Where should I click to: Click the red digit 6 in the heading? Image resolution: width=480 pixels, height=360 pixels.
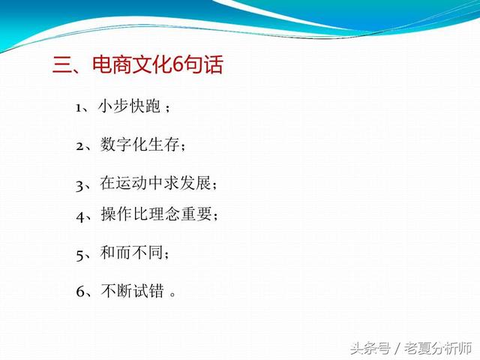click(x=178, y=64)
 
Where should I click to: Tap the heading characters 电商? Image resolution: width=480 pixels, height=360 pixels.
click(x=112, y=64)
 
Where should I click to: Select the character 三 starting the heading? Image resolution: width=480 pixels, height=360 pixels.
click(x=62, y=64)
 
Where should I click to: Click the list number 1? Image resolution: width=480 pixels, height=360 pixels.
click(x=79, y=108)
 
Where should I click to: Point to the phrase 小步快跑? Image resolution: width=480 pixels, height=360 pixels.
click(x=129, y=106)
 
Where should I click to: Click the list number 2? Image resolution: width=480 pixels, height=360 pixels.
click(x=80, y=146)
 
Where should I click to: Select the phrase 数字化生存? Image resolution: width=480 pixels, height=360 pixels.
click(x=139, y=144)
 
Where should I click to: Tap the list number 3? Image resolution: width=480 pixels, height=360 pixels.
click(x=79, y=186)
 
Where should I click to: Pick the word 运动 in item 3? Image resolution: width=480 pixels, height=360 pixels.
click(x=132, y=183)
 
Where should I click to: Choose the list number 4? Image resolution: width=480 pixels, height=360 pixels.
click(x=80, y=217)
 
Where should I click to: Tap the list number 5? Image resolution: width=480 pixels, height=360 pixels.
click(x=80, y=255)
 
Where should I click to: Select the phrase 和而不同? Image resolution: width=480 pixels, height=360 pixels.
click(x=131, y=253)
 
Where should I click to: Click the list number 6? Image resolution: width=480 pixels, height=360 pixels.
click(x=80, y=291)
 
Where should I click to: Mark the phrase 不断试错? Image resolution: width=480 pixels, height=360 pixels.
click(x=132, y=290)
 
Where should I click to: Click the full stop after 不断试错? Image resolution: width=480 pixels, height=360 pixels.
click(x=173, y=294)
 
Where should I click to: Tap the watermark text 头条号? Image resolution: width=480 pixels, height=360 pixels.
click(x=370, y=349)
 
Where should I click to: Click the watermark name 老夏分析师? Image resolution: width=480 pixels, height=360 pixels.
click(x=438, y=349)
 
